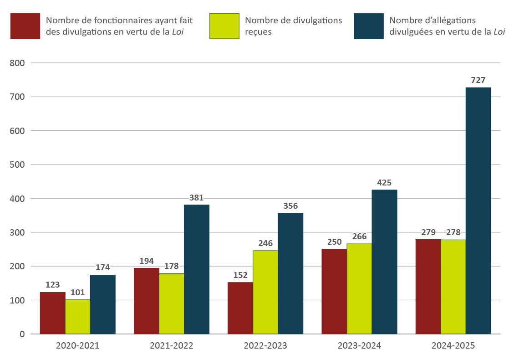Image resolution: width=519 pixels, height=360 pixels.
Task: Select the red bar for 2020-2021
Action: tap(52, 313)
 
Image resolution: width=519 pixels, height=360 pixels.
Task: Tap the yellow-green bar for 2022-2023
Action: tap(265, 292)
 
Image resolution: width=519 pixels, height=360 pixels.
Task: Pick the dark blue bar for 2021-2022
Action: tap(197, 269)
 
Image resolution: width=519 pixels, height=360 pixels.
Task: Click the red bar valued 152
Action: tap(240, 308)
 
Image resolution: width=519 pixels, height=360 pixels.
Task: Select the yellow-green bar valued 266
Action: tap(359, 289)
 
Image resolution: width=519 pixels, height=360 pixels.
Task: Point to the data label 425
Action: tap(384, 183)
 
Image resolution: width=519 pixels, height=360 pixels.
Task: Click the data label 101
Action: tap(77, 293)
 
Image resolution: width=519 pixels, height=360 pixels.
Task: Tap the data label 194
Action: tap(146, 261)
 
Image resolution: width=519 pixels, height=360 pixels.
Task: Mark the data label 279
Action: tap(428, 232)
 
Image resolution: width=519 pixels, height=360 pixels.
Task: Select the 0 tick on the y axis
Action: tap(22, 334)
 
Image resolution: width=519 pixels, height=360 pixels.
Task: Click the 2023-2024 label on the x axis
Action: tap(359, 345)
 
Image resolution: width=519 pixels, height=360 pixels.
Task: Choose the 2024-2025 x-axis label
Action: tap(453, 345)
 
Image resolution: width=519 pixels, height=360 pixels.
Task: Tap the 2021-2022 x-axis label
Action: tap(171, 345)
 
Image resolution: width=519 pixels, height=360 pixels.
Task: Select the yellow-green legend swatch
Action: tap(224, 26)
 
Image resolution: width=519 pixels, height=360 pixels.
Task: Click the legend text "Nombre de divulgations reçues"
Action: tap(293, 26)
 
